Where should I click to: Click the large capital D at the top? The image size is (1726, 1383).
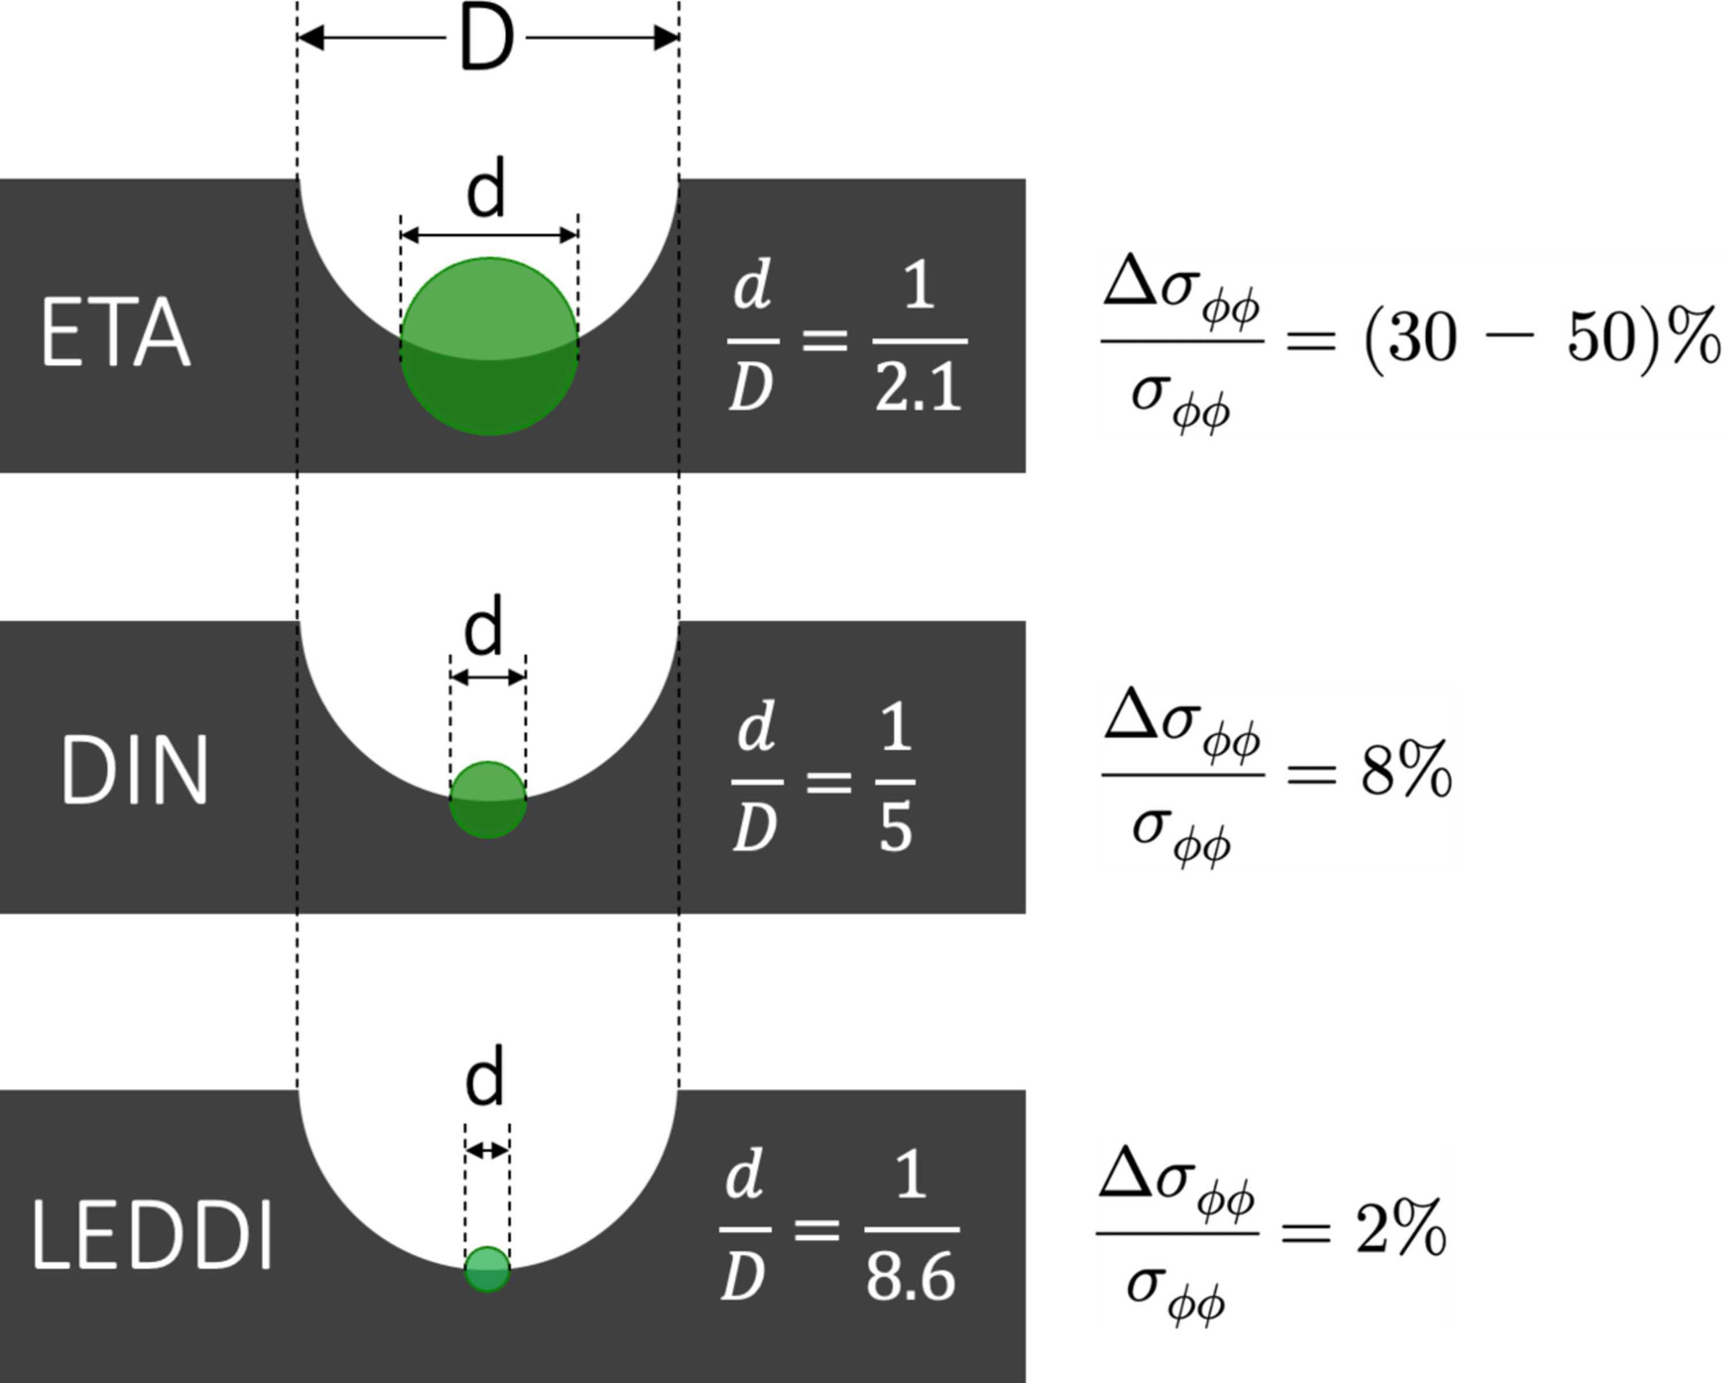pyautogui.click(x=487, y=37)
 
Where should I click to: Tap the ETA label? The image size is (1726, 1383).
pyautogui.click(x=116, y=333)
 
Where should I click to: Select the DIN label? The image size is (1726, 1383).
pyautogui.click(x=135, y=771)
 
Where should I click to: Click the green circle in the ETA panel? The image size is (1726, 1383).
pyautogui.click(x=489, y=347)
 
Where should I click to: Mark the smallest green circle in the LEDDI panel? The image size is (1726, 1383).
pyautogui.click(x=487, y=1269)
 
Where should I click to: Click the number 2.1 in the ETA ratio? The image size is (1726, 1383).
pyautogui.click(x=919, y=389)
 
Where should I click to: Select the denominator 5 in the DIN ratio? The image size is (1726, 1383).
pyautogui.click(x=896, y=828)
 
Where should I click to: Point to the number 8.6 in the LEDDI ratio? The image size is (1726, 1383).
pyautogui.click(x=911, y=1278)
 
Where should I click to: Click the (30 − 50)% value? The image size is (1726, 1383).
pyautogui.click(x=1541, y=339)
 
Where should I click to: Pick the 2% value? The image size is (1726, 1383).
pyautogui.click(x=1401, y=1228)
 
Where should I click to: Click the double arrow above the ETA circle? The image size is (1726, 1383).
pyautogui.click(x=489, y=235)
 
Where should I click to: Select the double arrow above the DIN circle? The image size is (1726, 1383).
pyautogui.click(x=487, y=677)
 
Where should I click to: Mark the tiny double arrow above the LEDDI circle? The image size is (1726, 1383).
pyautogui.click(x=487, y=1151)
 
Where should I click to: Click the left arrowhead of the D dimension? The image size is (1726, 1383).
pyautogui.click(x=311, y=37)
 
